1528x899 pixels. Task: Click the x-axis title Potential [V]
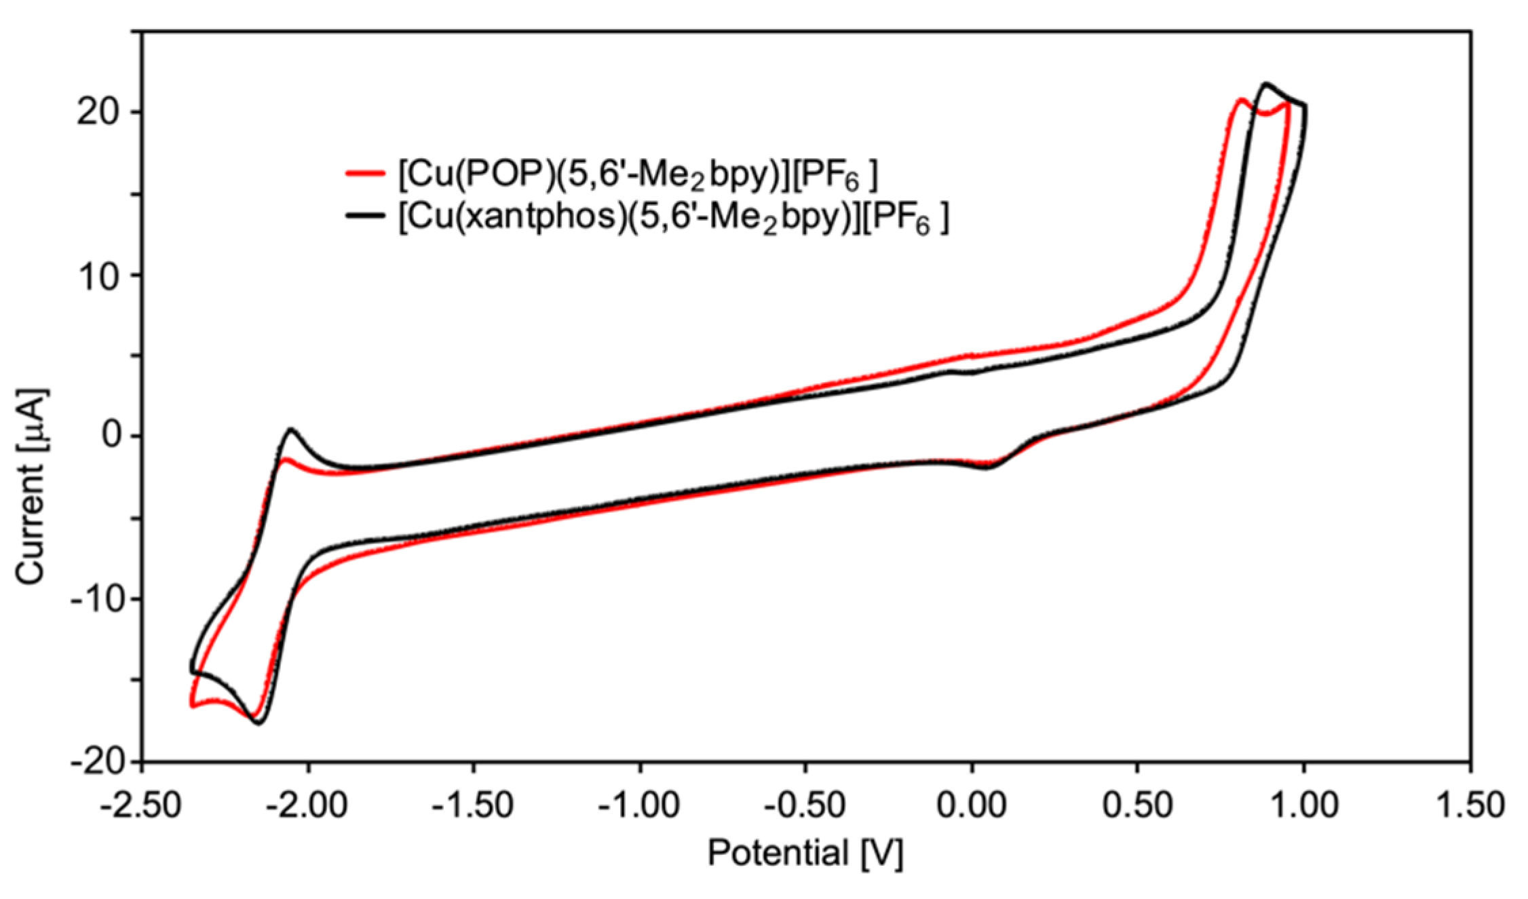805,853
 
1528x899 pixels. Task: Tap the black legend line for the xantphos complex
366,216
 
